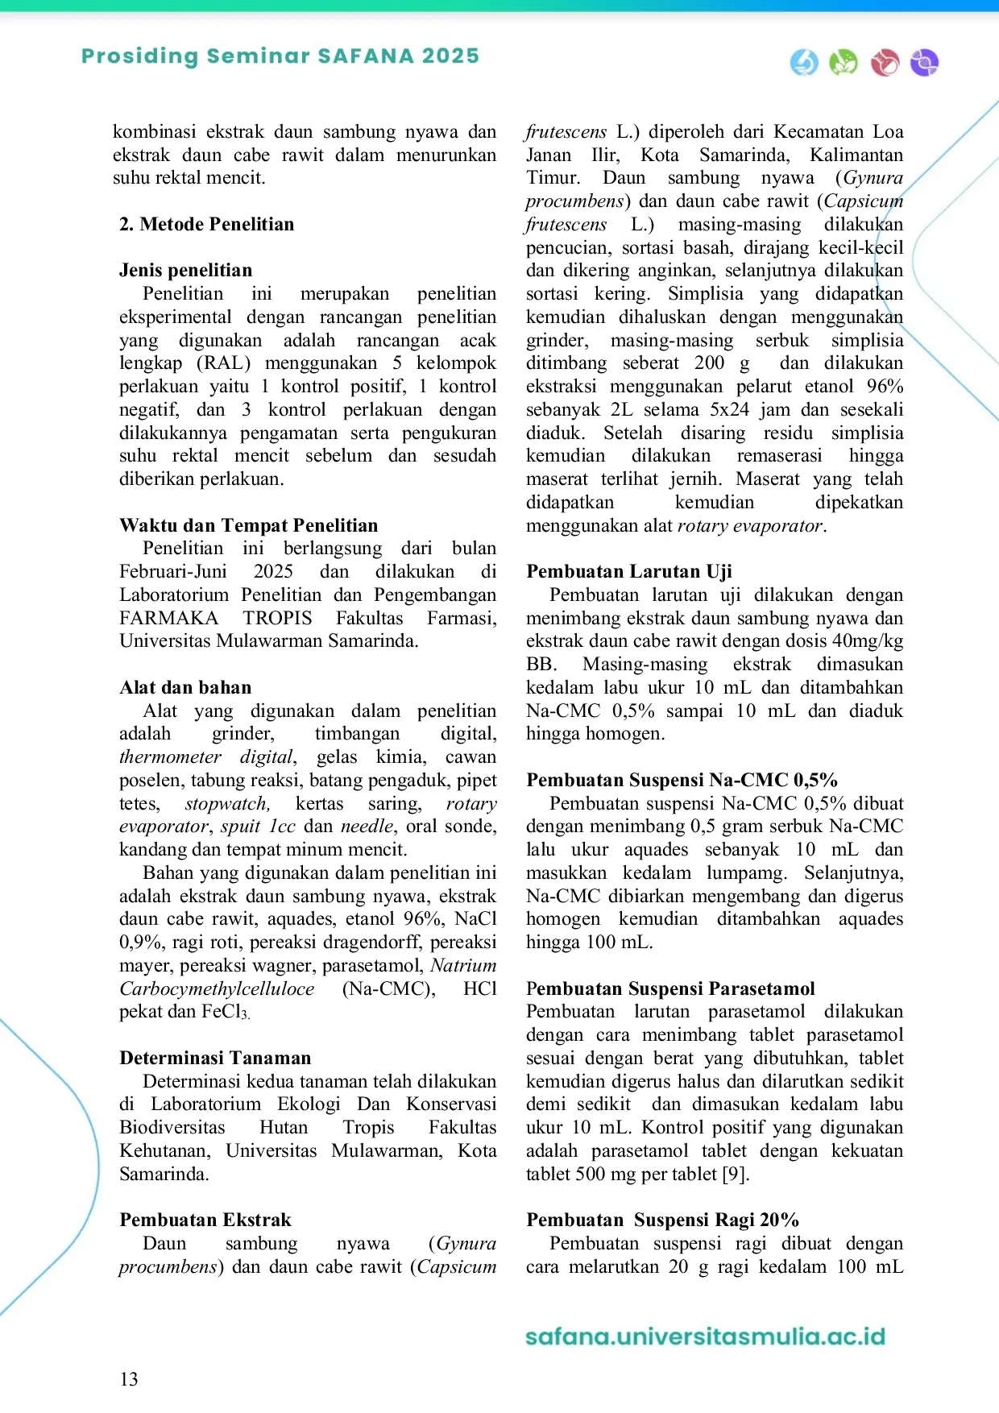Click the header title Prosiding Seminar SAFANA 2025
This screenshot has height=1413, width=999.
tap(280, 56)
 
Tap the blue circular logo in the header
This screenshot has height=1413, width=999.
tap(804, 62)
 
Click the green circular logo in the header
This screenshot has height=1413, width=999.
tap(844, 62)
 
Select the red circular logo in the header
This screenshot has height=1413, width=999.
tap(885, 62)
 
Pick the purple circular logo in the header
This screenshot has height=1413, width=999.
tap(924, 62)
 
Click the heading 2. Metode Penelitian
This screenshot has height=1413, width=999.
tap(206, 224)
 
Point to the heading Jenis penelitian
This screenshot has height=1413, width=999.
tap(185, 270)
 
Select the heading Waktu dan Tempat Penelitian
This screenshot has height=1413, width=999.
tap(248, 525)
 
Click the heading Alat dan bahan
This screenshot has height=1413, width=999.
tap(185, 687)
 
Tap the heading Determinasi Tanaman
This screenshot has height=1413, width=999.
tap(215, 1058)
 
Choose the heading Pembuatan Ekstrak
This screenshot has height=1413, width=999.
tap(205, 1220)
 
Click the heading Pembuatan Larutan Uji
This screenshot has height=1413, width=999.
tap(629, 571)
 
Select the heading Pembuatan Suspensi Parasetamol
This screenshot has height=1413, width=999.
tap(670, 988)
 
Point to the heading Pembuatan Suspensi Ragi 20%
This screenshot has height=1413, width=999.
tap(662, 1220)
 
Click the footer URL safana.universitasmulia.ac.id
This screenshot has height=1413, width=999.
tap(705, 1336)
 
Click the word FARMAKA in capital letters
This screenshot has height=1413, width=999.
tap(168, 618)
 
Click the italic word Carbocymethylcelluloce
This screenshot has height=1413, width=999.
tap(217, 988)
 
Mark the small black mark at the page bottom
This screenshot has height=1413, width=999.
tap(129, 1381)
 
